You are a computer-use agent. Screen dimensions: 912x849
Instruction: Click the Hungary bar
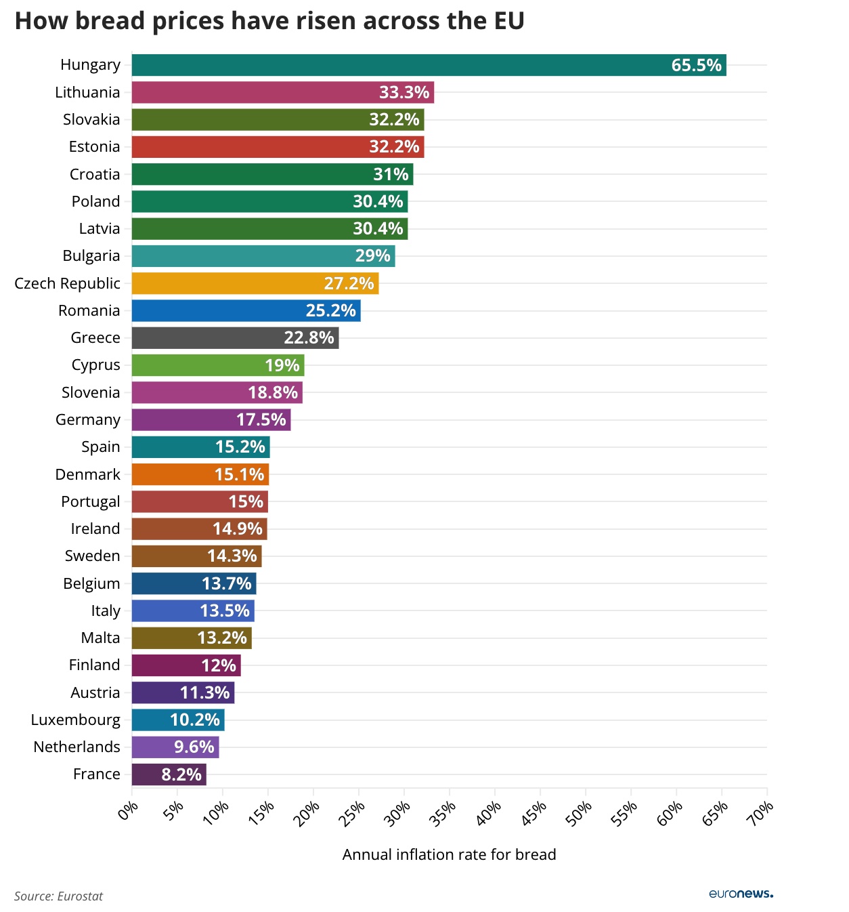point(429,65)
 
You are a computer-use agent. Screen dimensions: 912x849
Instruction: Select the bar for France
point(169,774)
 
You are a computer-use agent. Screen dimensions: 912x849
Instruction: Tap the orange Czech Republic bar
point(255,283)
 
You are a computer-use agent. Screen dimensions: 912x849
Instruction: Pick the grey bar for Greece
point(235,338)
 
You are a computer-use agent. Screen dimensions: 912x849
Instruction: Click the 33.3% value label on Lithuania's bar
point(404,93)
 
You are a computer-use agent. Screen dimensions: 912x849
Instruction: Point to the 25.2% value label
point(330,311)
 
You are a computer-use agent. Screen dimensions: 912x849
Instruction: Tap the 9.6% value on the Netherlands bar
point(194,747)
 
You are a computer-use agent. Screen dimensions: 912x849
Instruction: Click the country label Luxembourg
point(76,720)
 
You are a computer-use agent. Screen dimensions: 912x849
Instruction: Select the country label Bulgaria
point(91,256)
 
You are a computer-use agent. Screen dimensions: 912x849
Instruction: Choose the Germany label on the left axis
point(88,420)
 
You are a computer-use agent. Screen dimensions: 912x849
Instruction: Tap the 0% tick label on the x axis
point(128,810)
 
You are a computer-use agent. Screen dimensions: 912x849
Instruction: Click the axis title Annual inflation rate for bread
point(449,855)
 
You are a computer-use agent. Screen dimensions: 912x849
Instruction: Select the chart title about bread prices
point(269,21)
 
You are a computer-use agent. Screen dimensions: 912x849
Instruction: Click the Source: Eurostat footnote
point(59,896)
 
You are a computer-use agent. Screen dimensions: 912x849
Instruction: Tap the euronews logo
point(741,894)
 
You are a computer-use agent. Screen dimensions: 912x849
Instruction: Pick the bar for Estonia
point(278,147)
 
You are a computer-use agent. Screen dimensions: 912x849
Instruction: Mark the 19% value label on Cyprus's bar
point(282,366)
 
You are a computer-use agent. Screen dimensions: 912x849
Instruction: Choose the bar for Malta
point(192,638)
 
